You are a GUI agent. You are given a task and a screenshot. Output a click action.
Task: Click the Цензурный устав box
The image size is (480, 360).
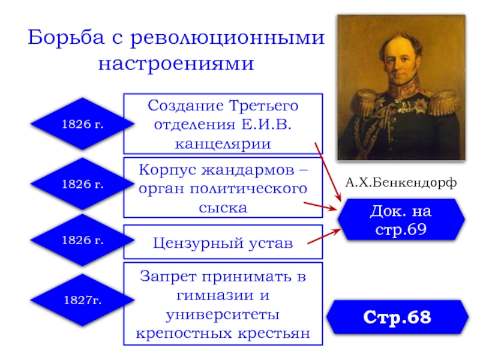click(223, 242)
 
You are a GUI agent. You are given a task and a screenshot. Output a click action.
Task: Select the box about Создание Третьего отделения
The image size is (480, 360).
click(223, 124)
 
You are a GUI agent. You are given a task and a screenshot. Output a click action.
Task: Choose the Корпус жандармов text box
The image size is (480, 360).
click(223, 187)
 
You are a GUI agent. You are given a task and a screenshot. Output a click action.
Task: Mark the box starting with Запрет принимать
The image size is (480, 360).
click(223, 304)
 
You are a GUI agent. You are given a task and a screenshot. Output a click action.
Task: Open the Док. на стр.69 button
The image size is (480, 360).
click(400, 220)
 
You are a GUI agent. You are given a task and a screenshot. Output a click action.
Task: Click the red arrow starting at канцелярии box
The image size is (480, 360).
click(327, 171)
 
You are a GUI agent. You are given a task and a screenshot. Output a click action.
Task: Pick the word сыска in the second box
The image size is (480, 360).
click(223, 208)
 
